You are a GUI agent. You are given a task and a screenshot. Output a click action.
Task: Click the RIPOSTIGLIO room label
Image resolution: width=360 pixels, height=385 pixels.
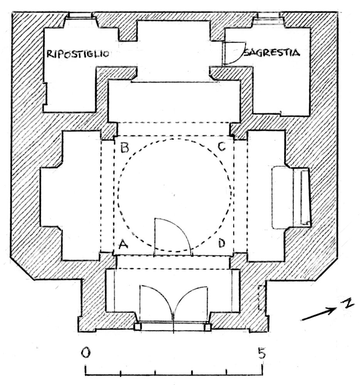78,54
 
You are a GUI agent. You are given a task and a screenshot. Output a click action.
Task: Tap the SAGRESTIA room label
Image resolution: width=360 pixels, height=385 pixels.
272,52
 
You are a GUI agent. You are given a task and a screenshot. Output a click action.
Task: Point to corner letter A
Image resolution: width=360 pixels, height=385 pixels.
123,244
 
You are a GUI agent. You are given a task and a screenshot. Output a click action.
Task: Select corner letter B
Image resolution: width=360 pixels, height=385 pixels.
125,148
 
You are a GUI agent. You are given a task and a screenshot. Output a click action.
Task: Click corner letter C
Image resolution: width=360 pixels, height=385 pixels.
222,147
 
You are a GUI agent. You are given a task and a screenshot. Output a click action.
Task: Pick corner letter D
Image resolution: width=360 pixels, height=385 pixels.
222,243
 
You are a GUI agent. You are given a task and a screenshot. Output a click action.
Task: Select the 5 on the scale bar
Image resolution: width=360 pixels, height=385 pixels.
262,353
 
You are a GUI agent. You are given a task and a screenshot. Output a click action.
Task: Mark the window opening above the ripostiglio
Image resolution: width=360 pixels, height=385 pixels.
79,15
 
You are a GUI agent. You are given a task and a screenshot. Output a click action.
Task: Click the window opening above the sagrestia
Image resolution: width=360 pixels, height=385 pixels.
268,15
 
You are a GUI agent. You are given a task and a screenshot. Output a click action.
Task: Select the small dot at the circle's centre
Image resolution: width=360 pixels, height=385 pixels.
174,195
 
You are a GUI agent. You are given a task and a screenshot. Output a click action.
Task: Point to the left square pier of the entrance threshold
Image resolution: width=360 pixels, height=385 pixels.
138,327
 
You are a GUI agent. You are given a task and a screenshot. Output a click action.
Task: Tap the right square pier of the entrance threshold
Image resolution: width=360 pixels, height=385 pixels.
208,327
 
